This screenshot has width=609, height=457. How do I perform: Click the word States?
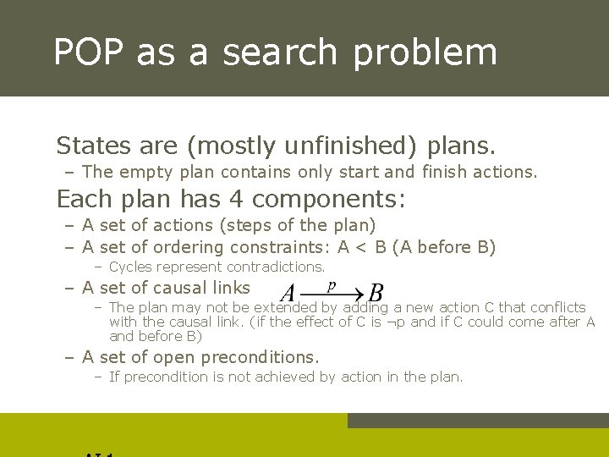click(x=91, y=146)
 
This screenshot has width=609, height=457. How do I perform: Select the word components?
click(x=331, y=201)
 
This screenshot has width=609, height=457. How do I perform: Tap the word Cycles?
click(x=131, y=267)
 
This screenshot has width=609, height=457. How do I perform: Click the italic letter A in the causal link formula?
click(x=288, y=294)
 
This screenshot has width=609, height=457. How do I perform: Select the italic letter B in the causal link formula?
click(x=376, y=294)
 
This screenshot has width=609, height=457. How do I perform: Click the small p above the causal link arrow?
click(x=332, y=285)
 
